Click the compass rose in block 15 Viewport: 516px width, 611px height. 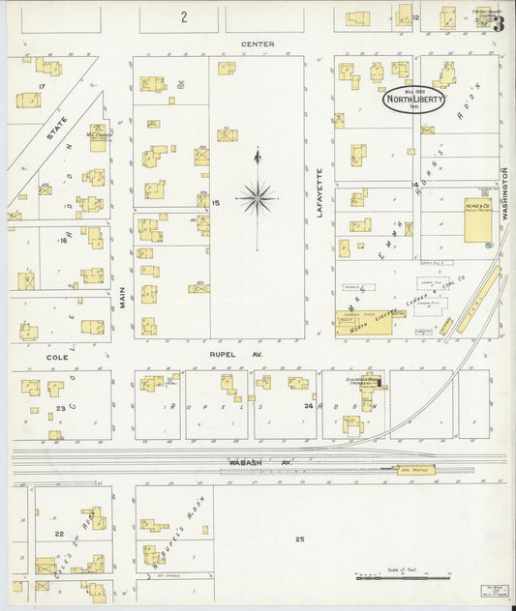coord(257,198)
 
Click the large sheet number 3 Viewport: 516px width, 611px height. coord(498,24)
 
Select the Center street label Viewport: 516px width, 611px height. coord(258,44)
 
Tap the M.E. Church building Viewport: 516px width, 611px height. coord(98,136)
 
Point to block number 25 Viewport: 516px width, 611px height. coord(299,538)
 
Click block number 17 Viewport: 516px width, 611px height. coord(41,87)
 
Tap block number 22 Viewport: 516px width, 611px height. coord(59,534)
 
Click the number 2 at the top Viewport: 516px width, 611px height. coord(181,17)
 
